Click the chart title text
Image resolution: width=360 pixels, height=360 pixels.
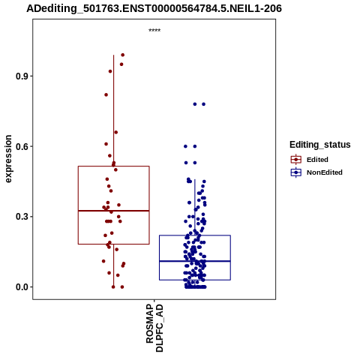click(154, 8)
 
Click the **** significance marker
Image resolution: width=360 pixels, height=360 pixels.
click(154, 31)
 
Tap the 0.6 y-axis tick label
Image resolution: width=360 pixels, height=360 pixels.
click(21, 146)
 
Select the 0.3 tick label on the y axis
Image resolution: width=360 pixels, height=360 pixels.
click(21, 217)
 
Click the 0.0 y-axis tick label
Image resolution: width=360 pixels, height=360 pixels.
click(21, 287)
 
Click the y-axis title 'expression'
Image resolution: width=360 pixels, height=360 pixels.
click(8, 159)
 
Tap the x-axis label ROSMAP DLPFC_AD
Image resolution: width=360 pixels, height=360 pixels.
click(154, 328)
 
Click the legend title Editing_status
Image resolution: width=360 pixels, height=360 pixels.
click(320, 145)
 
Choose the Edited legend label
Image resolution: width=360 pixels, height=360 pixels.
click(317, 160)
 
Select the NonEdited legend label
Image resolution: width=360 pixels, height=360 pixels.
click(325, 172)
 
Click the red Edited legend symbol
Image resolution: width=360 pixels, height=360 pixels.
click(296, 160)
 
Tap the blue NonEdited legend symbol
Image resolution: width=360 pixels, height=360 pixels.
click(296, 172)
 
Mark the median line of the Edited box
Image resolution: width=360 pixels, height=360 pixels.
click(114, 211)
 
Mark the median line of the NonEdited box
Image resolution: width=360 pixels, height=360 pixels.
click(195, 261)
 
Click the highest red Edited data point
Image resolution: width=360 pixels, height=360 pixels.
click(123, 55)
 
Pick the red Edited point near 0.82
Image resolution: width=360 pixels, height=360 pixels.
click(106, 94)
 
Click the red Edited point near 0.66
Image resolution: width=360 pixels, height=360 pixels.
click(115, 132)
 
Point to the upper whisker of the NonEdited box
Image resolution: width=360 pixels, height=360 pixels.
click(195, 207)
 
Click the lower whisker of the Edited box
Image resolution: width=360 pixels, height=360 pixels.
click(114, 265)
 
